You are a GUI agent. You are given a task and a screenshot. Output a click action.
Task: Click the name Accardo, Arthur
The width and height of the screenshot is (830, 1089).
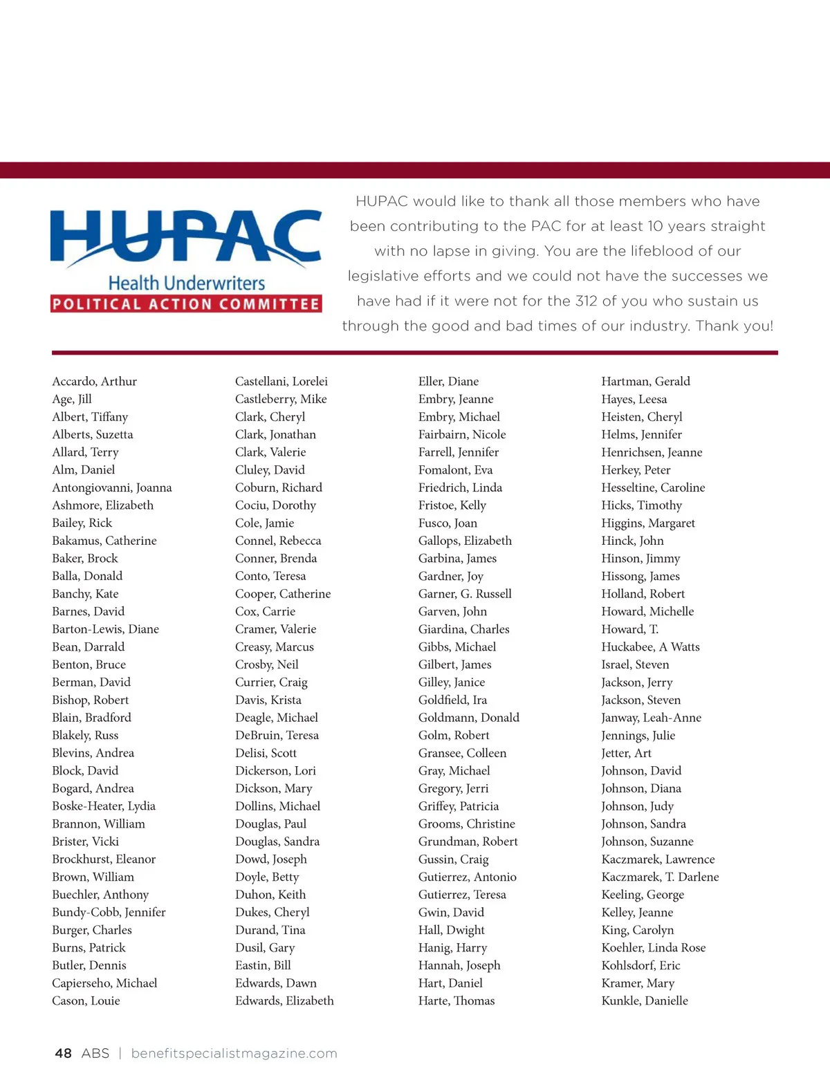pyautogui.click(x=94, y=381)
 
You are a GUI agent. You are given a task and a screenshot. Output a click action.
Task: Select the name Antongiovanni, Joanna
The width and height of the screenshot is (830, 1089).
pyautogui.click(x=111, y=487)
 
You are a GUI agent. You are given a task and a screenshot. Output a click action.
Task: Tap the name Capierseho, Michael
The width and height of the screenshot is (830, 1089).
pyautogui.click(x=104, y=983)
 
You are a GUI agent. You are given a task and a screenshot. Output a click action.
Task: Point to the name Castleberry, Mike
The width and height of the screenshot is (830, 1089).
pyautogui.click(x=281, y=399)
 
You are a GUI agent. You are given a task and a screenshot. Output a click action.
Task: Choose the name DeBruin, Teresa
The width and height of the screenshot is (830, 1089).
pyautogui.click(x=277, y=735)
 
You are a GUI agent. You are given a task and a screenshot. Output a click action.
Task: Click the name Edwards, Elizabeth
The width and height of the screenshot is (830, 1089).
pyautogui.click(x=284, y=1000)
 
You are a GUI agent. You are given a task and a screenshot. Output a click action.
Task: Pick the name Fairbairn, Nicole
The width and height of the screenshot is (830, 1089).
pyautogui.click(x=462, y=434)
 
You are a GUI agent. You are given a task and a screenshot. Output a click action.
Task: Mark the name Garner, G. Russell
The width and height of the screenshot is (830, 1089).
pyautogui.click(x=465, y=593)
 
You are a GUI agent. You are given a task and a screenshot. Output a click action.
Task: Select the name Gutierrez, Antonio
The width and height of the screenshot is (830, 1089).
pyautogui.click(x=467, y=877)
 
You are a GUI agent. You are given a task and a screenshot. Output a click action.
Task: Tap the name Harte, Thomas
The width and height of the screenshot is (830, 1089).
pyautogui.click(x=456, y=1000)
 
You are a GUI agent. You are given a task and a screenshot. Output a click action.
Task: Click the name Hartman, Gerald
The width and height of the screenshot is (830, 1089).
pyautogui.click(x=645, y=381)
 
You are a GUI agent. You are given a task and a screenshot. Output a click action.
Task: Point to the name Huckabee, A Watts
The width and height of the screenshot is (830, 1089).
pyautogui.click(x=650, y=646)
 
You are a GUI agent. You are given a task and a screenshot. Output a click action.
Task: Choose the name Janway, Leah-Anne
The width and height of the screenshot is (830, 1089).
pyautogui.click(x=651, y=718)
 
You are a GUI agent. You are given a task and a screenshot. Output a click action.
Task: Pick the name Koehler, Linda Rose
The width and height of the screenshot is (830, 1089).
pyautogui.click(x=654, y=947)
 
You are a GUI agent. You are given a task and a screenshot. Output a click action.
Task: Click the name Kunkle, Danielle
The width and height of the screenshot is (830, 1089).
pyautogui.click(x=645, y=1000)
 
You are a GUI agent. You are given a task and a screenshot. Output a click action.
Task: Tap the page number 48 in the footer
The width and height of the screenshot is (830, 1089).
pyautogui.click(x=63, y=1053)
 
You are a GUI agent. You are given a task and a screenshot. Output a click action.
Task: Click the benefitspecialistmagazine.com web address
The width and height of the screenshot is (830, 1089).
pyautogui.click(x=234, y=1053)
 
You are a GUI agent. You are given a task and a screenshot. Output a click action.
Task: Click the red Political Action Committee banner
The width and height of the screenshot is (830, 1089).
pyautogui.click(x=186, y=304)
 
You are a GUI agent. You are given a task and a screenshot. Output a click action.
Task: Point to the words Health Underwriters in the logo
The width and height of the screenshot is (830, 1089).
pyautogui.click(x=187, y=283)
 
